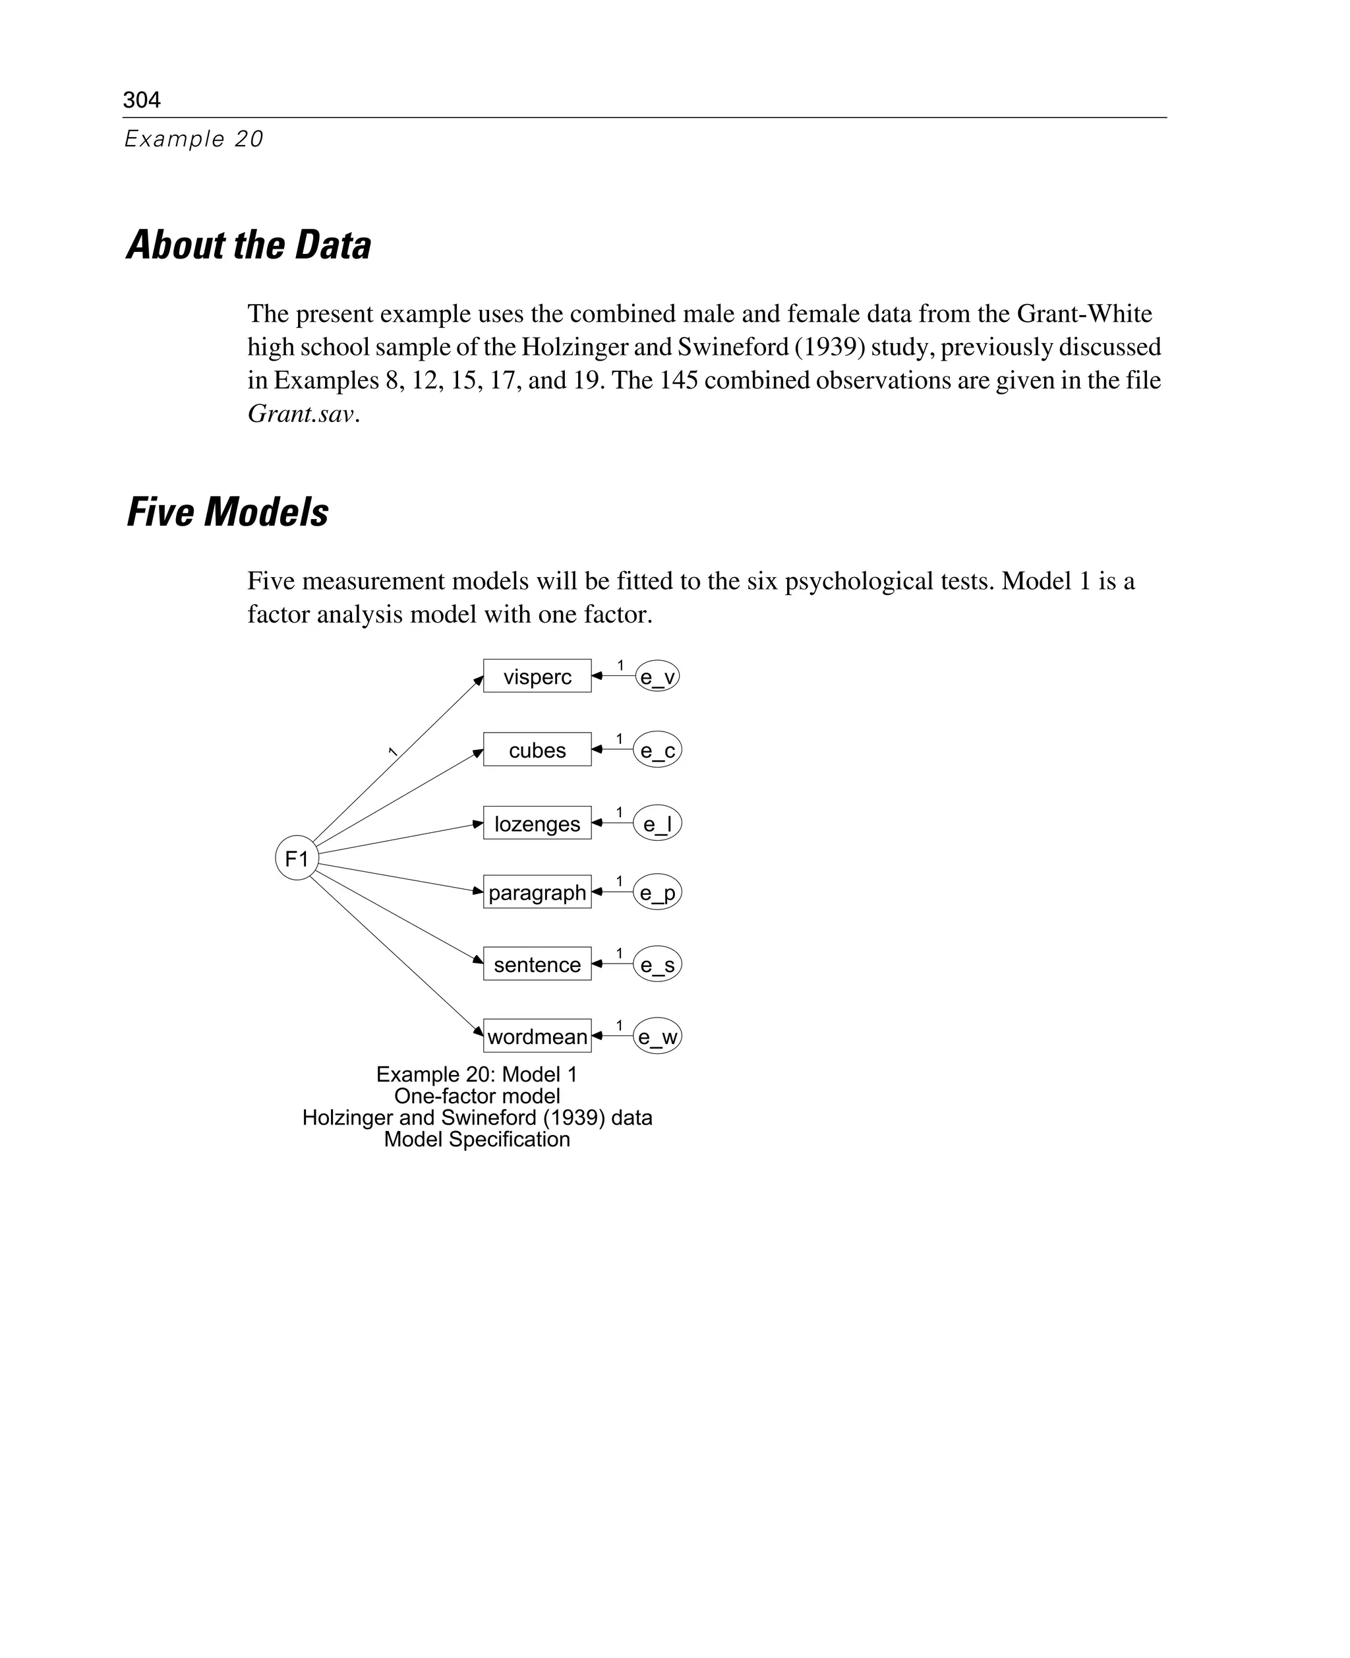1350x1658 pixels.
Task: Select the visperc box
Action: [x=537, y=676]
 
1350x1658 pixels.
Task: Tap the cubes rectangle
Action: [x=537, y=749]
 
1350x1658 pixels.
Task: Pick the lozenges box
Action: [x=537, y=823]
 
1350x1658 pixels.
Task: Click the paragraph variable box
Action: [x=537, y=892]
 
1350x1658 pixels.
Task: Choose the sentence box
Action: [x=537, y=964]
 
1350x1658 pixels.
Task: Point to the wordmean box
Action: [x=537, y=1035]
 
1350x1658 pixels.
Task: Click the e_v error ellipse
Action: [x=657, y=676]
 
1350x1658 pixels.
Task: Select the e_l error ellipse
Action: [x=657, y=823]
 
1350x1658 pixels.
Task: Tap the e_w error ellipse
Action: [x=657, y=1036]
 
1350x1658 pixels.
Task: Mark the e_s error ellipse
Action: [x=657, y=965]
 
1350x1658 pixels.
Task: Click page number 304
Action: [x=142, y=100]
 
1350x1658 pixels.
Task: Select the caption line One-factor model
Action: [x=477, y=1095]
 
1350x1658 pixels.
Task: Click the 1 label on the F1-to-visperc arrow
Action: [x=393, y=752]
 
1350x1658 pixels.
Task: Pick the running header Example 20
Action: [x=194, y=138]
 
